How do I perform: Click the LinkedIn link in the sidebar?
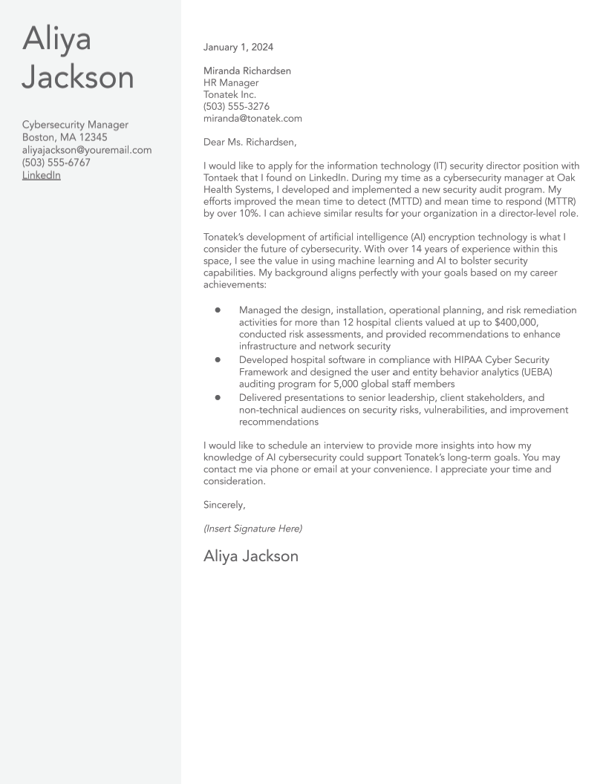pyautogui.click(x=41, y=175)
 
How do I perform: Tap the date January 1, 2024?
pyautogui.click(x=238, y=48)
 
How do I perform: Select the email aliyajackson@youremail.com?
pyautogui.click(x=87, y=150)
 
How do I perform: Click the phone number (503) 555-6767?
pyautogui.click(x=56, y=163)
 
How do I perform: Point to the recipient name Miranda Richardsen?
pyautogui.click(x=247, y=71)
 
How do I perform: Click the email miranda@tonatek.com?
pyautogui.click(x=252, y=119)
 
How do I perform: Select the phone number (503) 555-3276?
pyautogui.click(x=236, y=107)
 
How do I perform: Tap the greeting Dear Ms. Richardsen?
pyautogui.click(x=250, y=143)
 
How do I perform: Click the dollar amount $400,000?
pyautogui.click(x=515, y=322)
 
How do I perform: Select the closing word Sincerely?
pyautogui.click(x=224, y=505)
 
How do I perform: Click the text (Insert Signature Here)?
pyautogui.click(x=252, y=529)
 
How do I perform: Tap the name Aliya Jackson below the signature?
pyautogui.click(x=251, y=556)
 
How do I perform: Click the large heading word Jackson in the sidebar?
pyautogui.click(x=78, y=77)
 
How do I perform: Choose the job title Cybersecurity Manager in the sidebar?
pyautogui.click(x=75, y=125)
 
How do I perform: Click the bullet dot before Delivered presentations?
pyautogui.click(x=218, y=398)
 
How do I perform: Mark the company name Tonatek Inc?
pyautogui.click(x=229, y=95)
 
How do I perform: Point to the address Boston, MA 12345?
pyautogui.click(x=65, y=137)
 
